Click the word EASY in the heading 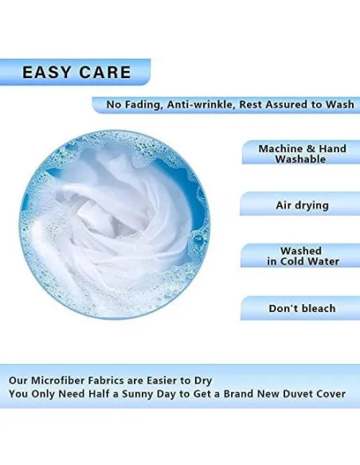tap(46, 72)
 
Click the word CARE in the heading tap(105, 72)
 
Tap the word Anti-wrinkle tap(201, 104)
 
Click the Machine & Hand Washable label tap(302, 154)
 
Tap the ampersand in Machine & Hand tap(311, 149)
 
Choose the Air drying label tap(302, 205)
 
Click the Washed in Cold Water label tap(303, 256)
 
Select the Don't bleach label tap(302, 308)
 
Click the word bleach tap(319, 308)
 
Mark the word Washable tap(300, 159)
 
